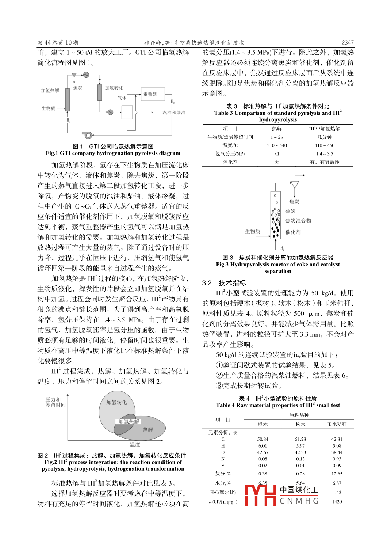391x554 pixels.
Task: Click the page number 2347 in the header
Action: (348, 43)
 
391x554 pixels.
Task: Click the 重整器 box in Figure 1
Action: (153, 95)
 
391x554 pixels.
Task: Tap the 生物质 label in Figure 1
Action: (48, 109)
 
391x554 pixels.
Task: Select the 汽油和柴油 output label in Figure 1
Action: (174, 113)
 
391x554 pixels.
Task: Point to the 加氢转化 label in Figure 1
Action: (114, 88)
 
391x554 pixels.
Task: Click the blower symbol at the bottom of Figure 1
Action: (87, 135)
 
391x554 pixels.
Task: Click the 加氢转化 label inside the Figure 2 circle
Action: (116, 402)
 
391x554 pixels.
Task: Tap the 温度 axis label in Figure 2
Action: (135, 444)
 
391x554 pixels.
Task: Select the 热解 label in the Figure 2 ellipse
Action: (148, 429)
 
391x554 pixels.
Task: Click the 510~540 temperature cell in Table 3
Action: (277, 145)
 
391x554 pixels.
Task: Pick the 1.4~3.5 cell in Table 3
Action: (325, 154)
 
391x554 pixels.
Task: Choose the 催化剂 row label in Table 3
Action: (230, 162)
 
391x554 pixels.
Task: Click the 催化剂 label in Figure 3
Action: (293, 232)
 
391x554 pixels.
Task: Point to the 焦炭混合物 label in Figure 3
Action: (298, 221)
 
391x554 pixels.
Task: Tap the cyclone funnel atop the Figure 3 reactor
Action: (294, 184)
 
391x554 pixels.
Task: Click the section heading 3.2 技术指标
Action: (224, 283)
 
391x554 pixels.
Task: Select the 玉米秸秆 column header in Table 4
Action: (337, 424)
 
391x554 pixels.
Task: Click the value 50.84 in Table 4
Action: (262, 439)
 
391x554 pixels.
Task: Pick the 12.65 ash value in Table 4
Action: (337, 474)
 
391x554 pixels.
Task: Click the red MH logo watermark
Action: (260, 495)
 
